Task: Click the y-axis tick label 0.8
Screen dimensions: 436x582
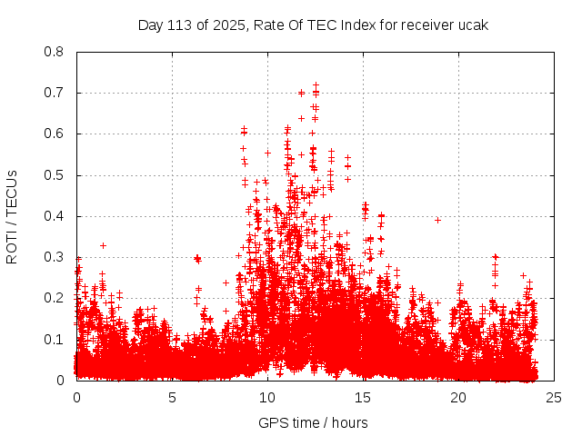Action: pyautogui.click(x=55, y=52)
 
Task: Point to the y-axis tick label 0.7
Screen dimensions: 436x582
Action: pyautogui.click(x=55, y=93)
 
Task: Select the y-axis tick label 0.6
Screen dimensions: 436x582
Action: pyautogui.click(x=55, y=134)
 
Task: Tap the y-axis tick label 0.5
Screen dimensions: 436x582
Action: pyautogui.click(x=55, y=174)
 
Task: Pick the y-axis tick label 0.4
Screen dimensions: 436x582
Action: pyautogui.click(x=55, y=216)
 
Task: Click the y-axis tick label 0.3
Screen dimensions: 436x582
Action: pyautogui.click(x=55, y=257)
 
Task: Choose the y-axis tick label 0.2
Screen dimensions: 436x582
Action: pyautogui.click(x=55, y=298)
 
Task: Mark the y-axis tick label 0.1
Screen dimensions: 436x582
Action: pyautogui.click(x=55, y=339)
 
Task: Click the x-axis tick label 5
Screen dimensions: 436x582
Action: pyautogui.click(x=172, y=398)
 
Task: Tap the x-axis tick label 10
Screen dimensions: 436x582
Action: pyautogui.click(x=267, y=398)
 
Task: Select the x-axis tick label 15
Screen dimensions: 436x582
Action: pyautogui.click(x=363, y=398)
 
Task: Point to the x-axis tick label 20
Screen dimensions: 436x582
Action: pyautogui.click(x=458, y=398)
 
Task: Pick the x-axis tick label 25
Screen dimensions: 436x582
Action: pyautogui.click(x=554, y=398)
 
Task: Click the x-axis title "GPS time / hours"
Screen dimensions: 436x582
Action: pyautogui.click(x=313, y=422)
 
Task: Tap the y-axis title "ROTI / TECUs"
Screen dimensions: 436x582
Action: pyautogui.click(x=13, y=216)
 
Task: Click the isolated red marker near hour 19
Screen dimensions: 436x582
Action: pyautogui.click(x=437, y=220)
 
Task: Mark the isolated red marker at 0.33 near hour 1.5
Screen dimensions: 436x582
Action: pyautogui.click(x=103, y=245)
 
